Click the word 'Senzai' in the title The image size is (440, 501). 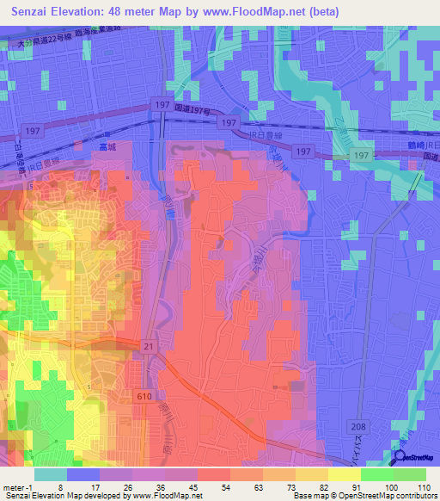(x=34, y=12)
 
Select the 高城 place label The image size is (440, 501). (x=106, y=147)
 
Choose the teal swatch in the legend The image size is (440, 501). (x=50, y=473)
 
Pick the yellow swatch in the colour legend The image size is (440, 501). (x=344, y=473)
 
